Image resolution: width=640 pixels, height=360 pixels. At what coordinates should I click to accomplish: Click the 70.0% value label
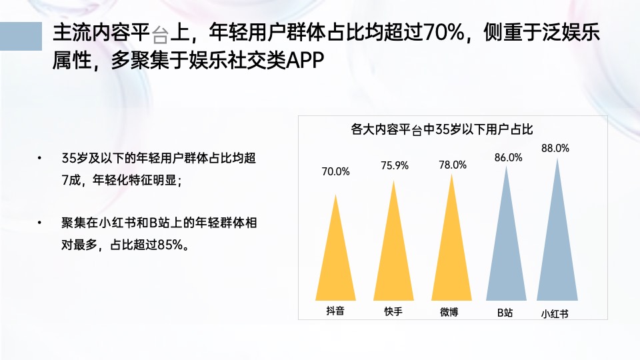click(x=335, y=172)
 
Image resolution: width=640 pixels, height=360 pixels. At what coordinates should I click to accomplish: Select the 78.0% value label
click(x=453, y=165)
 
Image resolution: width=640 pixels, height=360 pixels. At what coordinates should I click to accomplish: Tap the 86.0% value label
click(x=508, y=158)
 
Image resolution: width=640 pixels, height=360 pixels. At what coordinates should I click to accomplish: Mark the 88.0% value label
click(x=555, y=149)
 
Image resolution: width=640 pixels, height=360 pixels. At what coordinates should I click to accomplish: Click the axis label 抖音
click(x=335, y=310)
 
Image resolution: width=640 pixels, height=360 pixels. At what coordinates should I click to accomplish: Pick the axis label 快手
click(x=393, y=311)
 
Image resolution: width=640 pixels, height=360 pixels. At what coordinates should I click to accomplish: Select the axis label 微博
click(x=449, y=311)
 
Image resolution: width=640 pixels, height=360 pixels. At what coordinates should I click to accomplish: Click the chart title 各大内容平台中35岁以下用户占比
click(x=442, y=129)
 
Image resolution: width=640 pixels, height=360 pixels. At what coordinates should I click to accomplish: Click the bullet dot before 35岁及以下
click(x=39, y=159)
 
